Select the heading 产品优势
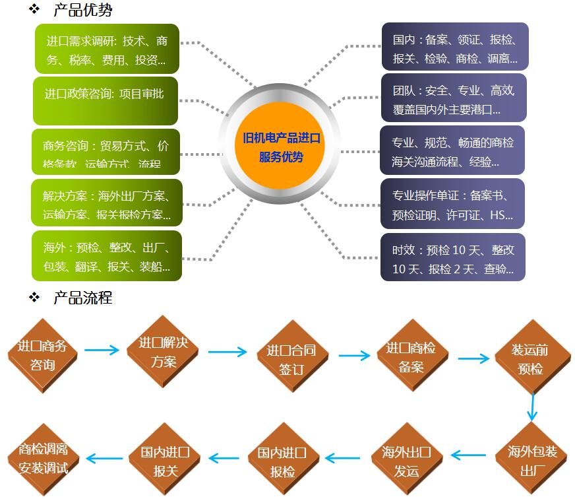click(x=82, y=11)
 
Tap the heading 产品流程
click(x=82, y=298)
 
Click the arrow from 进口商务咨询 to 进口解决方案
click(x=102, y=350)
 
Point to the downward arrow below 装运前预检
click(x=532, y=407)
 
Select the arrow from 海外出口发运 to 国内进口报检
click(x=343, y=457)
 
